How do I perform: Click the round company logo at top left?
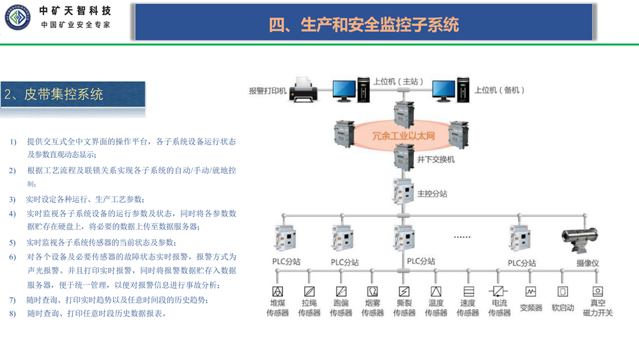(x=16, y=17)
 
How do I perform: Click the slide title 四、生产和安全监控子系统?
(x=364, y=24)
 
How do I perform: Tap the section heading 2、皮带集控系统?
(x=54, y=95)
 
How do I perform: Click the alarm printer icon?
(x=303, y=90)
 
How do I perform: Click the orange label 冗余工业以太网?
(x=403, y=136)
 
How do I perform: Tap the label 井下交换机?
(x=436, y=159)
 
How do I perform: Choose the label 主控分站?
(x=432, y=193)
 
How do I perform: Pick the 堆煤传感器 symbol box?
(x=277, y=292)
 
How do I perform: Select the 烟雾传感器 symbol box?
(x=373, y=292)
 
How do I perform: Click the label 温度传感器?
(x=436, y=308)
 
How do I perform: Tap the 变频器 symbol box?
(x=530, y=292)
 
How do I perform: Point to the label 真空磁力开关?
(x=597, y=308)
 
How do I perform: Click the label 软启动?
(x=563, y=308)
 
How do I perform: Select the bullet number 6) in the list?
(x=13, y=257)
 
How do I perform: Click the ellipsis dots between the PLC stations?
(x=462, y=237)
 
